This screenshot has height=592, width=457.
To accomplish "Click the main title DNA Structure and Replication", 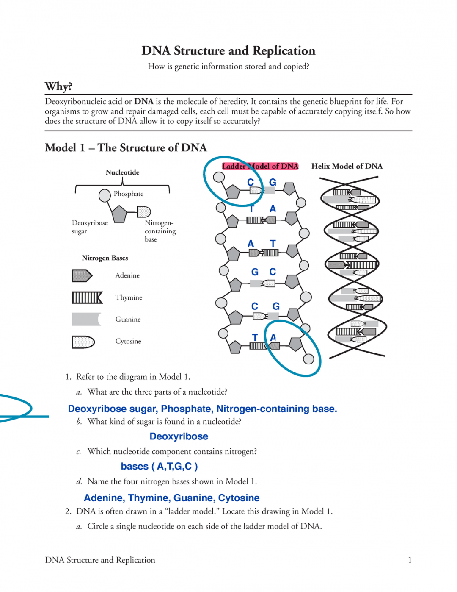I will [x=228, y=51].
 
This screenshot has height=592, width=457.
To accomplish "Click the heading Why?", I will [x=58, y=86].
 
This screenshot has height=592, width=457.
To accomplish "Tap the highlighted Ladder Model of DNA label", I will [x=260, y=166].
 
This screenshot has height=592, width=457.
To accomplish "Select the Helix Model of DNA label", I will [x=347, y=166].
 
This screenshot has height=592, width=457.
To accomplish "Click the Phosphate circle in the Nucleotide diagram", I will [x=105, y=195].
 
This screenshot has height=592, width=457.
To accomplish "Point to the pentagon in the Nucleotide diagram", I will [x=119, y=214].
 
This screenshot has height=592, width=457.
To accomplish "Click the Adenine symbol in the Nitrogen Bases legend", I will [x=82, y=275].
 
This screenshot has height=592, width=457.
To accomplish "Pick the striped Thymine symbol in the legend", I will [x=87, y=297].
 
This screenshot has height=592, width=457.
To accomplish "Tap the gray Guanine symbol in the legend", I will [x=86, y=319].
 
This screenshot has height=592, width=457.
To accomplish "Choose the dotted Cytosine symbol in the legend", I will [x=83, y=342].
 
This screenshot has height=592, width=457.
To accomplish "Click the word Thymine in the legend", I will [x=129, y=297].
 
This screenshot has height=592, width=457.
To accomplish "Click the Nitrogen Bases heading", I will [x=105, y=258].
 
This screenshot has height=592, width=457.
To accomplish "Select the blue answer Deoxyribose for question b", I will [x=179, y=436].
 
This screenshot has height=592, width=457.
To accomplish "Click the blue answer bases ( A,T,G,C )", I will [x=159, y=467].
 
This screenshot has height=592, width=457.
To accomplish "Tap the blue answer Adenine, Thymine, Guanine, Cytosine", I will [x=171, y=498].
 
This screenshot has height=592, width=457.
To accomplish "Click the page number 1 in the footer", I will [x=410, y=560].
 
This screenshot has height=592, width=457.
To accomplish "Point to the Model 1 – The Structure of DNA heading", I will [x=126, y=148].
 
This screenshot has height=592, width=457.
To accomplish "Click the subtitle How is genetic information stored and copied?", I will [x=228, y=67].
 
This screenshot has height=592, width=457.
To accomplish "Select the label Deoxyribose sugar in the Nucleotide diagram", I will [x=89, y=227].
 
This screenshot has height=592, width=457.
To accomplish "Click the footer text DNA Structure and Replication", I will [x=100, y=560].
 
